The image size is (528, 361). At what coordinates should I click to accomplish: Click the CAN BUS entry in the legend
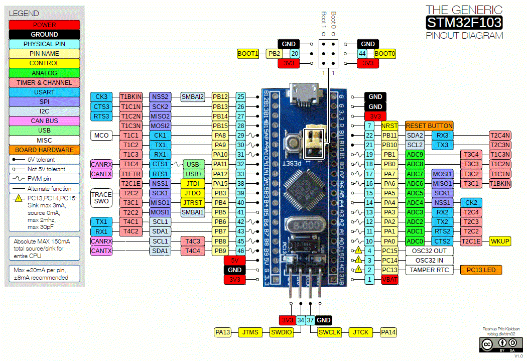(44, 121)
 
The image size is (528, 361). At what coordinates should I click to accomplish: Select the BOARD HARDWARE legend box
(44, 150)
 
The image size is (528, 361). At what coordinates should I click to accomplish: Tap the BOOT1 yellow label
(248, 53)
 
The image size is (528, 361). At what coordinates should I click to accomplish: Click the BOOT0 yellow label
(385, 53)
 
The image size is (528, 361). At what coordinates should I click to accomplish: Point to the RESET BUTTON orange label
(429, 126)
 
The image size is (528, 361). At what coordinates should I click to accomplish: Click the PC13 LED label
(481, 270)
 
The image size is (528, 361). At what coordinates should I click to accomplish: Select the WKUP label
(500, 241)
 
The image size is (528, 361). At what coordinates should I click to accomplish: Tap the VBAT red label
(389, 280)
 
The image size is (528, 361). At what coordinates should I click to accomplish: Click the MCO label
(101, 135)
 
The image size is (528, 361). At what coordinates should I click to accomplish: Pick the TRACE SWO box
(101, 197)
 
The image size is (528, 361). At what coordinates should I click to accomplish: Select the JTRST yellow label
(193, 202)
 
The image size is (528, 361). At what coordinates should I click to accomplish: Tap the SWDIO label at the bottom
(281, 332)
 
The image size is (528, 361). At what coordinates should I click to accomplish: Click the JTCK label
(361, 332)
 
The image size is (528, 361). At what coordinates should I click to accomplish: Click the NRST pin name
(389, 126)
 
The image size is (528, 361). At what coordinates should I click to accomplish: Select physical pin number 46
(241, 251)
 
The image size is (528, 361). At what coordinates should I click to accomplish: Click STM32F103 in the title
(464, 23)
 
